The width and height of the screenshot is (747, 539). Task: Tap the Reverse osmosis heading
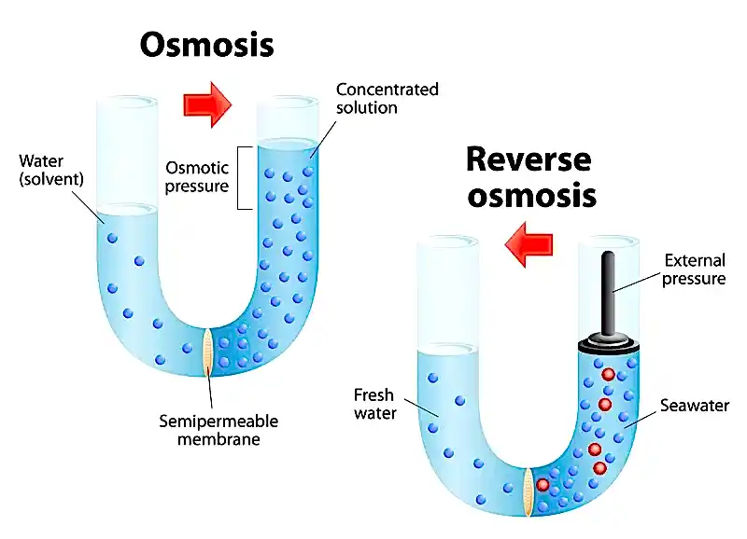point(529,177)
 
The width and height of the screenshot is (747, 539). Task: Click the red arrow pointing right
point(207,103)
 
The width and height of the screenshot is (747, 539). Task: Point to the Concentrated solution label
point(387,98)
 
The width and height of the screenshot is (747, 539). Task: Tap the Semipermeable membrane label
point(218,430)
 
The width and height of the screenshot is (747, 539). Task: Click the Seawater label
point(694,406)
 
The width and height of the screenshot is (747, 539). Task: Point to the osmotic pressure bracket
point(241,177)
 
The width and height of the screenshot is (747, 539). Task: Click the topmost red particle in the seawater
point(608,374)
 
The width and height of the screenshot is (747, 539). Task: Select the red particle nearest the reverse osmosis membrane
point(542,484)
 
